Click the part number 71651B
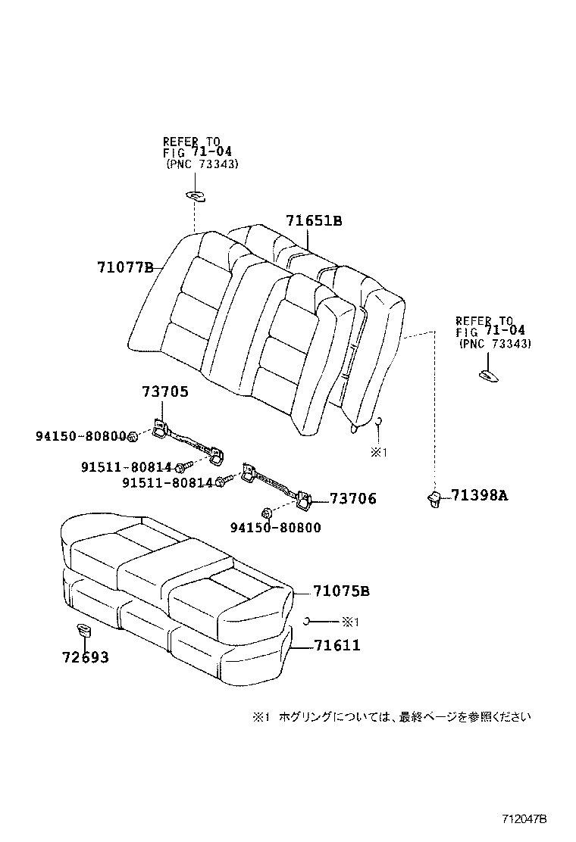point(314,221)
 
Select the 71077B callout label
point(125,267)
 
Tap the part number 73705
point(164,392)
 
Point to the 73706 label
point(352,499)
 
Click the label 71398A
point(479,496)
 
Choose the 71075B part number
point(342,591)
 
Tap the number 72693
point(85,657)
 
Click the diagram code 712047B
point(524,819)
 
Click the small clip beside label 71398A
point(434,497)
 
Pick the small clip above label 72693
point(83,629)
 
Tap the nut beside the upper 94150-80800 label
point(133,436)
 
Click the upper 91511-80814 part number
point(126,467)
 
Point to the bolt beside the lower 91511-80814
point(221,482)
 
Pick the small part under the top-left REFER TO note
point(196,197)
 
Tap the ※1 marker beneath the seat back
point(378,453)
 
